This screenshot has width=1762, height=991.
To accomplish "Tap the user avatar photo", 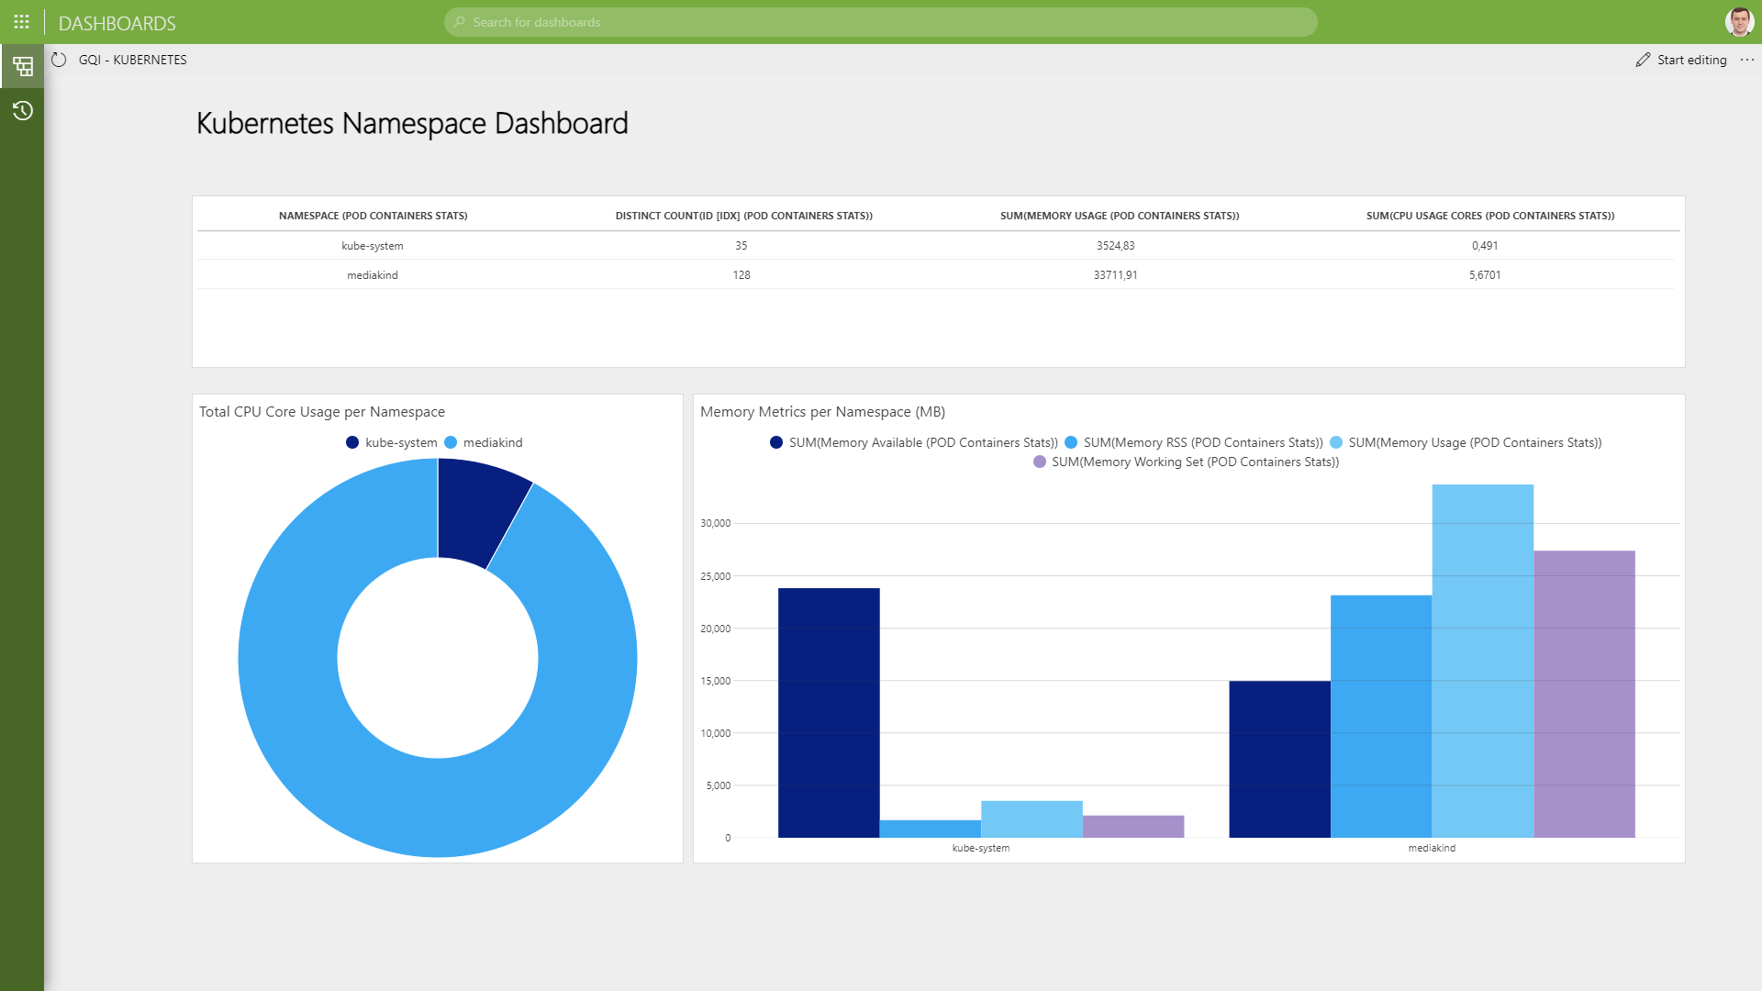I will click(x=1739, y=21).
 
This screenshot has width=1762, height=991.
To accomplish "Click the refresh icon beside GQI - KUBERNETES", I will click(x=59, y=60).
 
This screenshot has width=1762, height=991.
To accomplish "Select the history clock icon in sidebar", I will click(x=22, y=111).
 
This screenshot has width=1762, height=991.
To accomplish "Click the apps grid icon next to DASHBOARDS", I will click(x=22, y=22).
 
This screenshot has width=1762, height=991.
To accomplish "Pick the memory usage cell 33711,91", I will click(x=1115, y=275).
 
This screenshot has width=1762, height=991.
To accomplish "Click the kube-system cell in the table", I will click(x=372, y=246).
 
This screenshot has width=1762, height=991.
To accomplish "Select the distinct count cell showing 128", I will click(x=742, y=275).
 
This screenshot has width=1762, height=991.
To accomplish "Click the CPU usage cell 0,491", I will click(x=1484, y=246).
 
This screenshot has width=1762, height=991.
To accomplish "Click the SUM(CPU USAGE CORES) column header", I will click(x=1489, y=216).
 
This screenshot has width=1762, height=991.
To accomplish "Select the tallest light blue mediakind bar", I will click(x=1482, y=661).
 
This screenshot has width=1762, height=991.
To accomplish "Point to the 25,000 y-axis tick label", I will click(x=715, y=576).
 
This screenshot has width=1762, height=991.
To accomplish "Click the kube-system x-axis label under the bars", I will click(x=980, y=848).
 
